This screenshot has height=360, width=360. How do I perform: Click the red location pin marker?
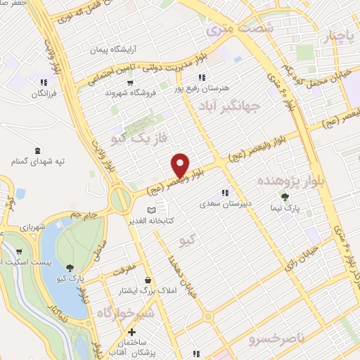(x=180, y=165)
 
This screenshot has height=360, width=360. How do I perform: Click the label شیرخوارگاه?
(x=124, y=311)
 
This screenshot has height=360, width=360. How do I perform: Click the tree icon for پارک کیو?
(x=70, y=266)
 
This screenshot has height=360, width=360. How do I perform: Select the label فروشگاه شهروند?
(x=124, y=92)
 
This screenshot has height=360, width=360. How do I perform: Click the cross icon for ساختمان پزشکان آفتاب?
(x=131, y=331)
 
